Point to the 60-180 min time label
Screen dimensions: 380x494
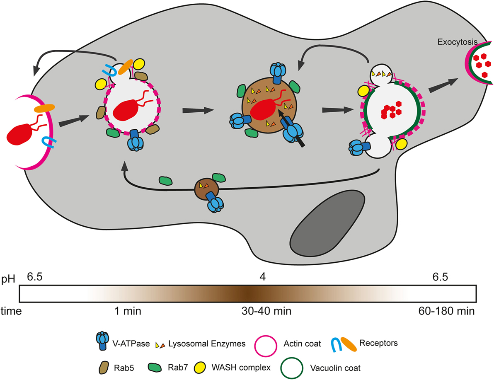click(x=448, y=311)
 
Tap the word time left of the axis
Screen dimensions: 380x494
click(x=10, y=311)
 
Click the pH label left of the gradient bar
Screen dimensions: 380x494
click(x=9, y=278)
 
